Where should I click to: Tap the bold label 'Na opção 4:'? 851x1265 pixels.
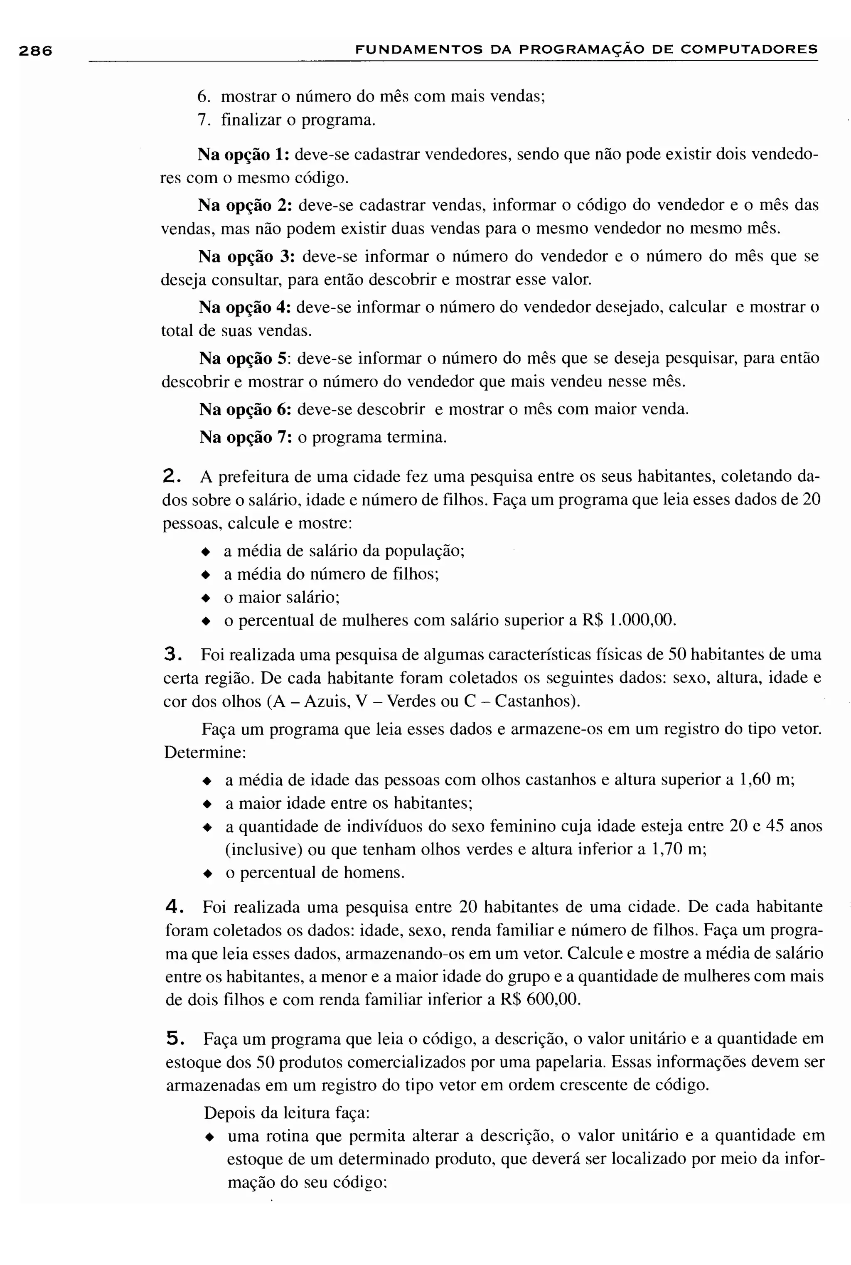pyautogui.click(x=245, y=307)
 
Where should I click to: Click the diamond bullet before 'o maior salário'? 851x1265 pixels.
pyautogui.click(x=205, y=598)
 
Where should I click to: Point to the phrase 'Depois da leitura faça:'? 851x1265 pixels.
pyautogui.click(x=287, y=1112)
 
